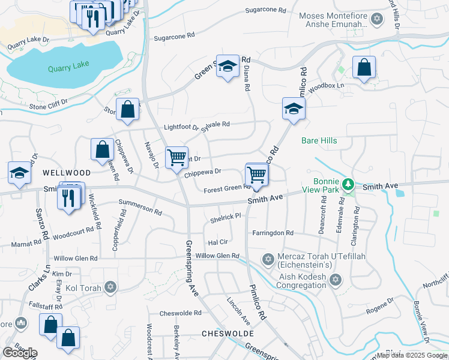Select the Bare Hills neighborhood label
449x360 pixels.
(319, 140)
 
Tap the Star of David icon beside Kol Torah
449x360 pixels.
(109, 287)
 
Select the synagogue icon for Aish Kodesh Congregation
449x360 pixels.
(336, 280)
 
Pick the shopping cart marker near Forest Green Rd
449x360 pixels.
(257, 175)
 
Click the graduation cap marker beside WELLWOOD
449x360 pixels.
(20, 173)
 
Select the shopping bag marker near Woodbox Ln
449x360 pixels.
(364, 68)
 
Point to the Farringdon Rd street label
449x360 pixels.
(273, 233)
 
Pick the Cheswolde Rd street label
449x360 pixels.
(180, 313)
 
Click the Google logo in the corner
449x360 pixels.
(20, 353)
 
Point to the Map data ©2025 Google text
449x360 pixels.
(412, 355)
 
